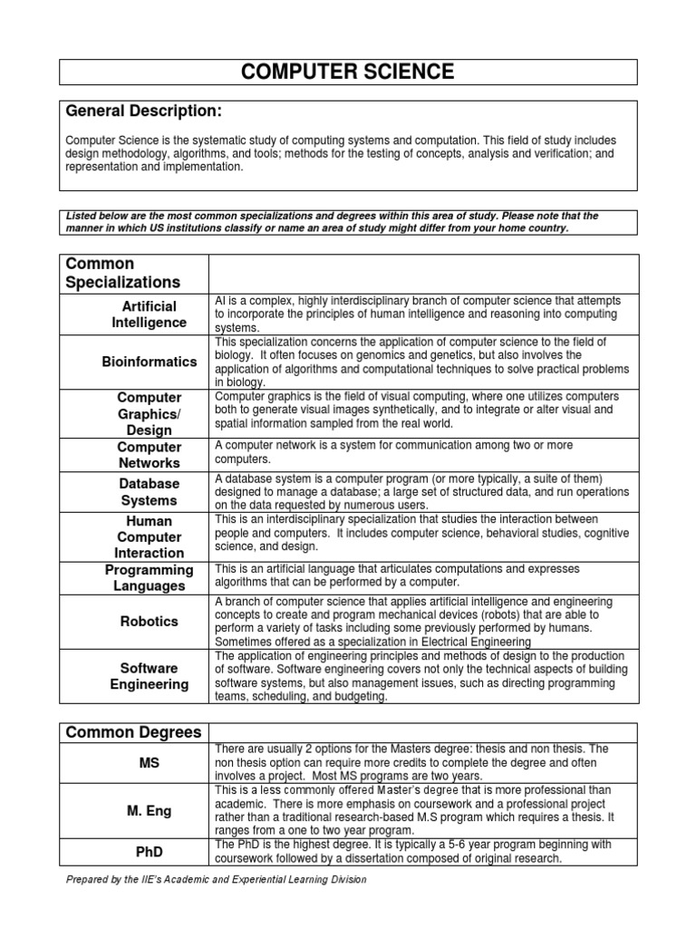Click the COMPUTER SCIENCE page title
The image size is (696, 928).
coord(348,72)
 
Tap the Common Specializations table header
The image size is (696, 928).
coord(122,273)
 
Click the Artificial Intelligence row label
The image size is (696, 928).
coord(150,314)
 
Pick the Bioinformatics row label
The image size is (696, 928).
coord(150,362)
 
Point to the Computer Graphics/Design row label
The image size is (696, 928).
coord(150,414)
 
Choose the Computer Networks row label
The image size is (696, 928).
coord(150,455)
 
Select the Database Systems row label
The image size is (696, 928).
coord(150,492)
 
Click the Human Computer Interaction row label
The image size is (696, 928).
coord(150,536)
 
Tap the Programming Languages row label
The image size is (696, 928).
coord(150,577)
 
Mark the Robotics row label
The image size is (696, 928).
coord(150,622)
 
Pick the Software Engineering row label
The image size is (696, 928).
coord(150,676)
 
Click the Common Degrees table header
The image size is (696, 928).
coord(130,732)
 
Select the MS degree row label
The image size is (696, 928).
coord(150,763)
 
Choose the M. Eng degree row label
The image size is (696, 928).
coord(150,809)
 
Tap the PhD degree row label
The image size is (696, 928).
coord(150,851)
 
